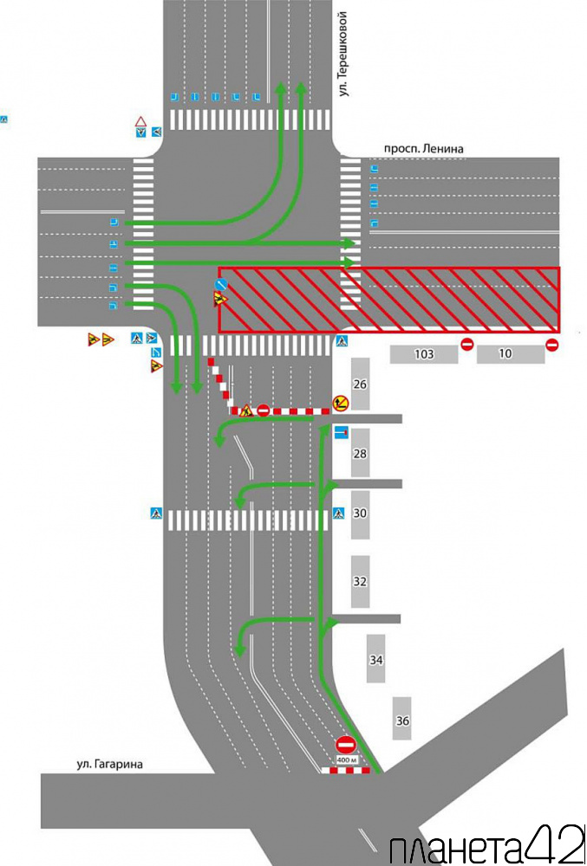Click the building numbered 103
click(424, 354)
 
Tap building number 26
click(361, 384)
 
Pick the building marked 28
click(361, 454)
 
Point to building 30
click(361, 514)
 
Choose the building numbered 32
click(361, 582)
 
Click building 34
click(375, 659)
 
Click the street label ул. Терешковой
click(344, 54)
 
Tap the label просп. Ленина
click(423, 149)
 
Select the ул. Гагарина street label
click(109, 765)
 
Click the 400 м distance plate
click(346, 760)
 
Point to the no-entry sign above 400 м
click(346, 745)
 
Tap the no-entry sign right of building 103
click(467, 345)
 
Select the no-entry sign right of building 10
click(551, 345)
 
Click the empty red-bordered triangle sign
click(140, 121)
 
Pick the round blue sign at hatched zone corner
click(221, 284)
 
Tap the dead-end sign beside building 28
click(342, 432)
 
